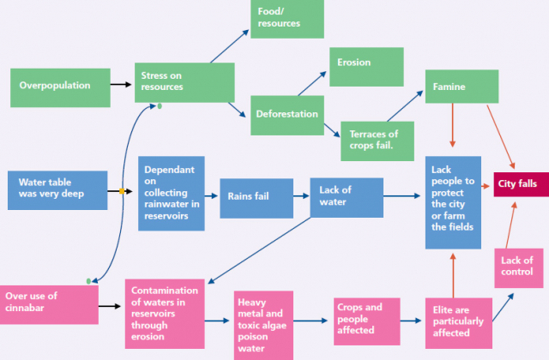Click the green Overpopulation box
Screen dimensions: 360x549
pyautogui.click(x=60, y=86)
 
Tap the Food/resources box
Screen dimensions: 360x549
pyautogui.click(x=288, y=19)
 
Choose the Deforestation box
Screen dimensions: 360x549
pyautogui.click(x=287, y=114)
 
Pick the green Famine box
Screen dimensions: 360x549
pyautogui.click(x=462, y=87)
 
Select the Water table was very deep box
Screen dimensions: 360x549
pyautogui.click(x=57, y=190)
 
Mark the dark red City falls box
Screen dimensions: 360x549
pyautogui.click(x=518, y=183)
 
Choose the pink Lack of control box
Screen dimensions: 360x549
pyautogui.click(x=517, y=267)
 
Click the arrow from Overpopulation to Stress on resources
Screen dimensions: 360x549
pyautogui.click(x=121, y=85)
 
